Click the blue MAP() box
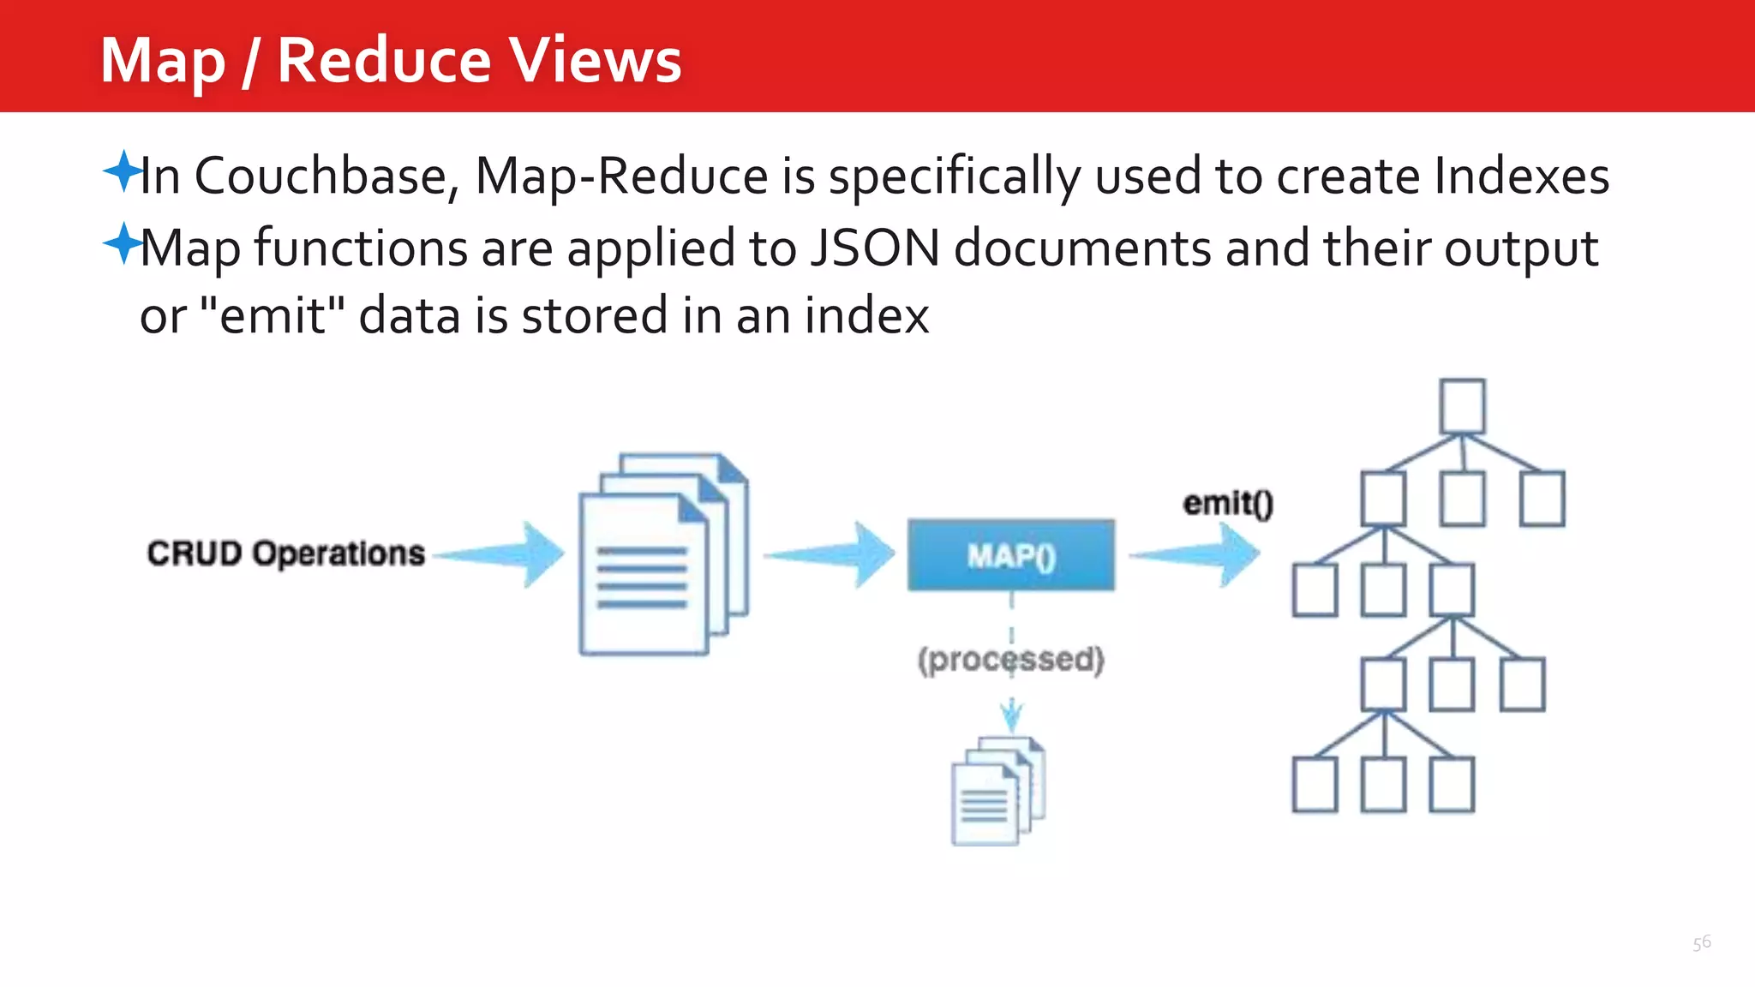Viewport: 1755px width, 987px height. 1011,555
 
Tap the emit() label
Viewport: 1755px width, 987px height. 1228,503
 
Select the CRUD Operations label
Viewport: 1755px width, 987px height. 285,553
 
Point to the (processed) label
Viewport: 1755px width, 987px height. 1011,660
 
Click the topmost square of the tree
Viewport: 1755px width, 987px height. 1462,406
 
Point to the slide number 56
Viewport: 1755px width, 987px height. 1702,943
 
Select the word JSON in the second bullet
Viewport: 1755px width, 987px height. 874,248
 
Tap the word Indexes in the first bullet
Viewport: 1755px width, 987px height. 1521,176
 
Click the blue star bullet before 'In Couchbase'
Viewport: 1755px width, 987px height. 123,170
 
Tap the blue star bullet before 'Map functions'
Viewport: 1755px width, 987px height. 123,243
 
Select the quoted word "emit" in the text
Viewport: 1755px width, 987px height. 272,315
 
